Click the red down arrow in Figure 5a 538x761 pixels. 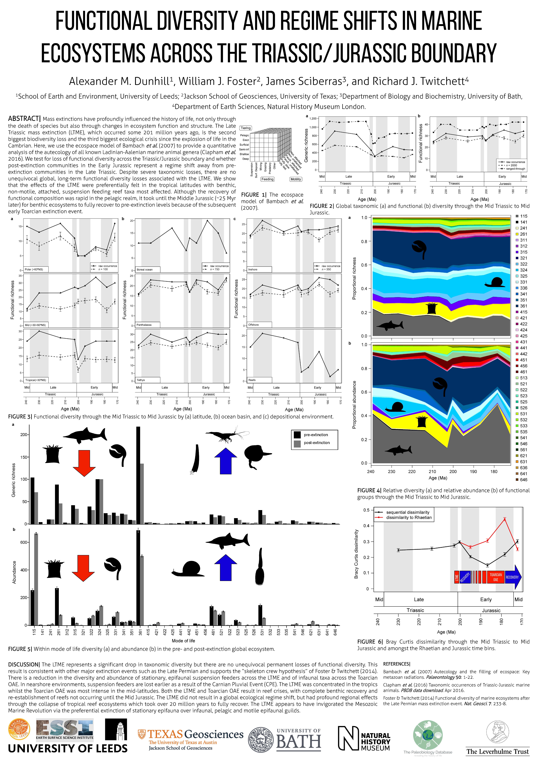click(x=84, y=463)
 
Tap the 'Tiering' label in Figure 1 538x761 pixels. click(x=245, y=128)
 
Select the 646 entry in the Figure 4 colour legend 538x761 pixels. click(x=523, y=480)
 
